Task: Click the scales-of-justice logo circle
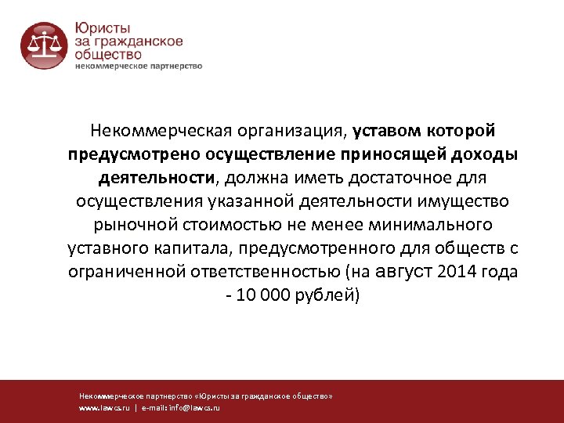[45, 45]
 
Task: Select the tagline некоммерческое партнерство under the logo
[138, 66]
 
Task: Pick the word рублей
[329, 296]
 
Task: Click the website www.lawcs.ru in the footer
[104, 408]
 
